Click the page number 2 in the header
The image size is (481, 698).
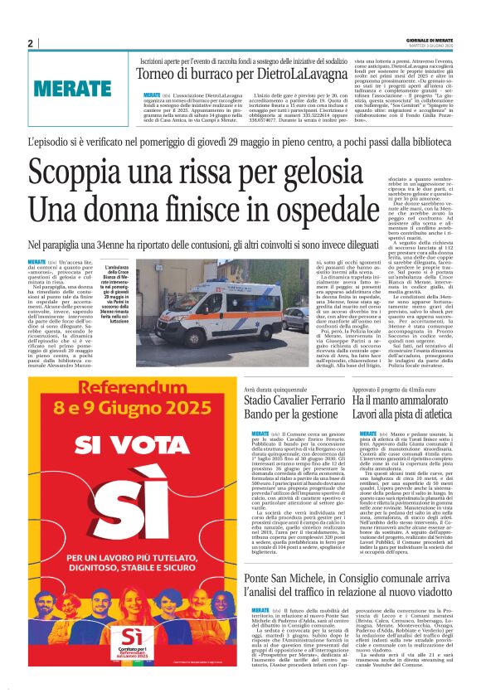(30, 44)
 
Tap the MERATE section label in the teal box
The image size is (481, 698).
(74, 87)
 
